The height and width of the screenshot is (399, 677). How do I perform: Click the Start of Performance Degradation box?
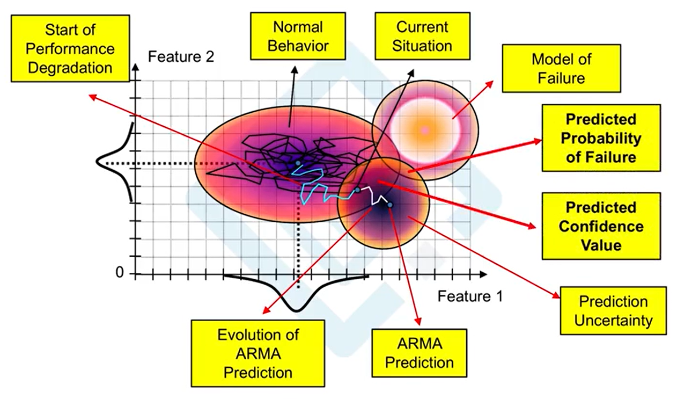[70, 48]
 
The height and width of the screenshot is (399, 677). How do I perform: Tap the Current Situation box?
[422, 36]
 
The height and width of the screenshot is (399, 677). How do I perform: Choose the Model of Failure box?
[561, 68]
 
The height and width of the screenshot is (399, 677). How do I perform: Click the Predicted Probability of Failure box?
[600, 137]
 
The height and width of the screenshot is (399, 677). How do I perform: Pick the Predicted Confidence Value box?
[600, 226]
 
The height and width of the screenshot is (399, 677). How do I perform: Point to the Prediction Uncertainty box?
[613, 311]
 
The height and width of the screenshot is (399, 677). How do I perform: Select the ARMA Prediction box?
[419, 353]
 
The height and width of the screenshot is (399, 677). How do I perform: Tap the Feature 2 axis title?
[181, 57]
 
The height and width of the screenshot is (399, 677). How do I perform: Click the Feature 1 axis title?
[470, 296]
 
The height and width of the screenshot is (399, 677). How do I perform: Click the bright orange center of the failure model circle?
[425, 129]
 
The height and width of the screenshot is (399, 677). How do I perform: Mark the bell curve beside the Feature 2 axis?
[114, 162]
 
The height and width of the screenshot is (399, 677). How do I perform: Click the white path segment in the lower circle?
[370, 194]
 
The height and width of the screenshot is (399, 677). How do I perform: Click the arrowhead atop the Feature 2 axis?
[136, 68]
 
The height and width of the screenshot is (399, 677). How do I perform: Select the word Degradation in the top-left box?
[70, 68]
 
